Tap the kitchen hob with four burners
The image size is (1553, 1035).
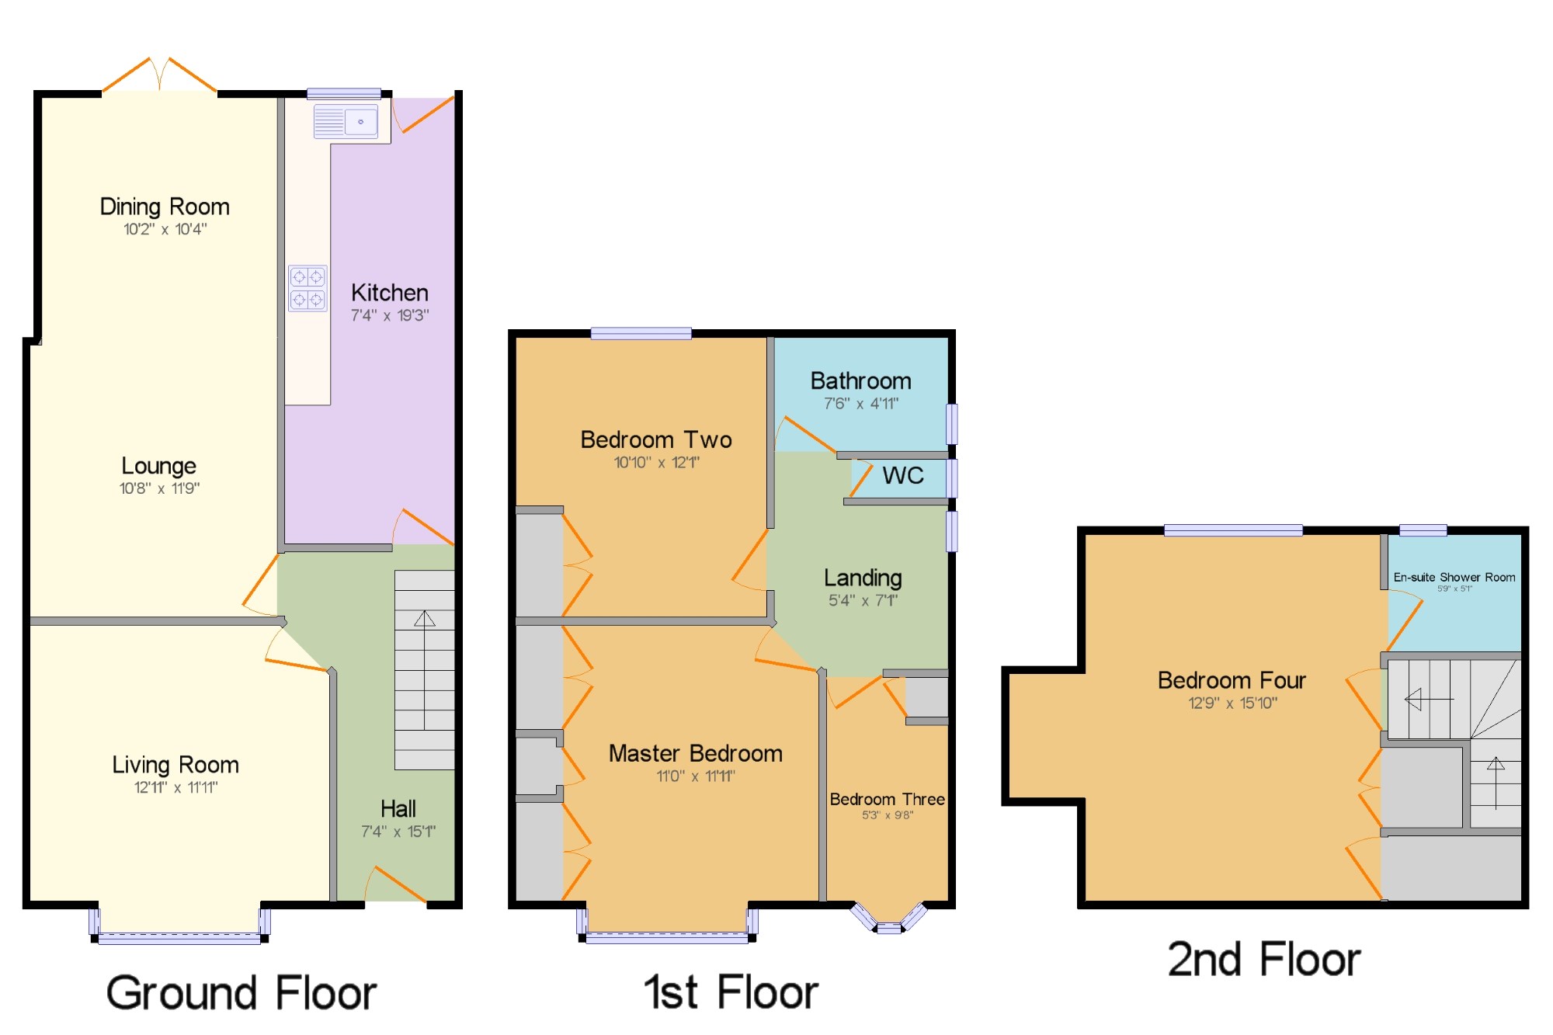(x=307, y=288)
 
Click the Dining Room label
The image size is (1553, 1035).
(x=165, y=207)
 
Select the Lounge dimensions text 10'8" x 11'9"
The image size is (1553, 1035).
(x=159, y=488)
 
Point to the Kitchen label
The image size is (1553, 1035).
(x=390, y=293)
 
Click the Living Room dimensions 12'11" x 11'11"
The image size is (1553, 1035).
(x=175, y=787)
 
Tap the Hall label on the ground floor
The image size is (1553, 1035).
(x=398, y=809)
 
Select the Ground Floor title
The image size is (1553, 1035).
(x=241, y=993)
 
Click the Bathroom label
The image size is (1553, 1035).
(x=861, y=381)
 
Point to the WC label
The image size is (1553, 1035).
(x=903, y=475)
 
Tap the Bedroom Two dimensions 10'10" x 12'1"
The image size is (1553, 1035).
(x=657, y=463)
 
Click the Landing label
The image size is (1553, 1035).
(x=863, y=578)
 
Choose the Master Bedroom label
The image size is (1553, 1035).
(x=696, y=753)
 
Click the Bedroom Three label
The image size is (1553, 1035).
(x=888, y=800)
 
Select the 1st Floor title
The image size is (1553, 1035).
(x=731, y=992)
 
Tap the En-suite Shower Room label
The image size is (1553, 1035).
(x=1454, y=577)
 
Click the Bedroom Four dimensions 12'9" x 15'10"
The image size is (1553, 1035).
(x=1232, y=703)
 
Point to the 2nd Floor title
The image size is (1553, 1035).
(x=1264, y=960)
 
